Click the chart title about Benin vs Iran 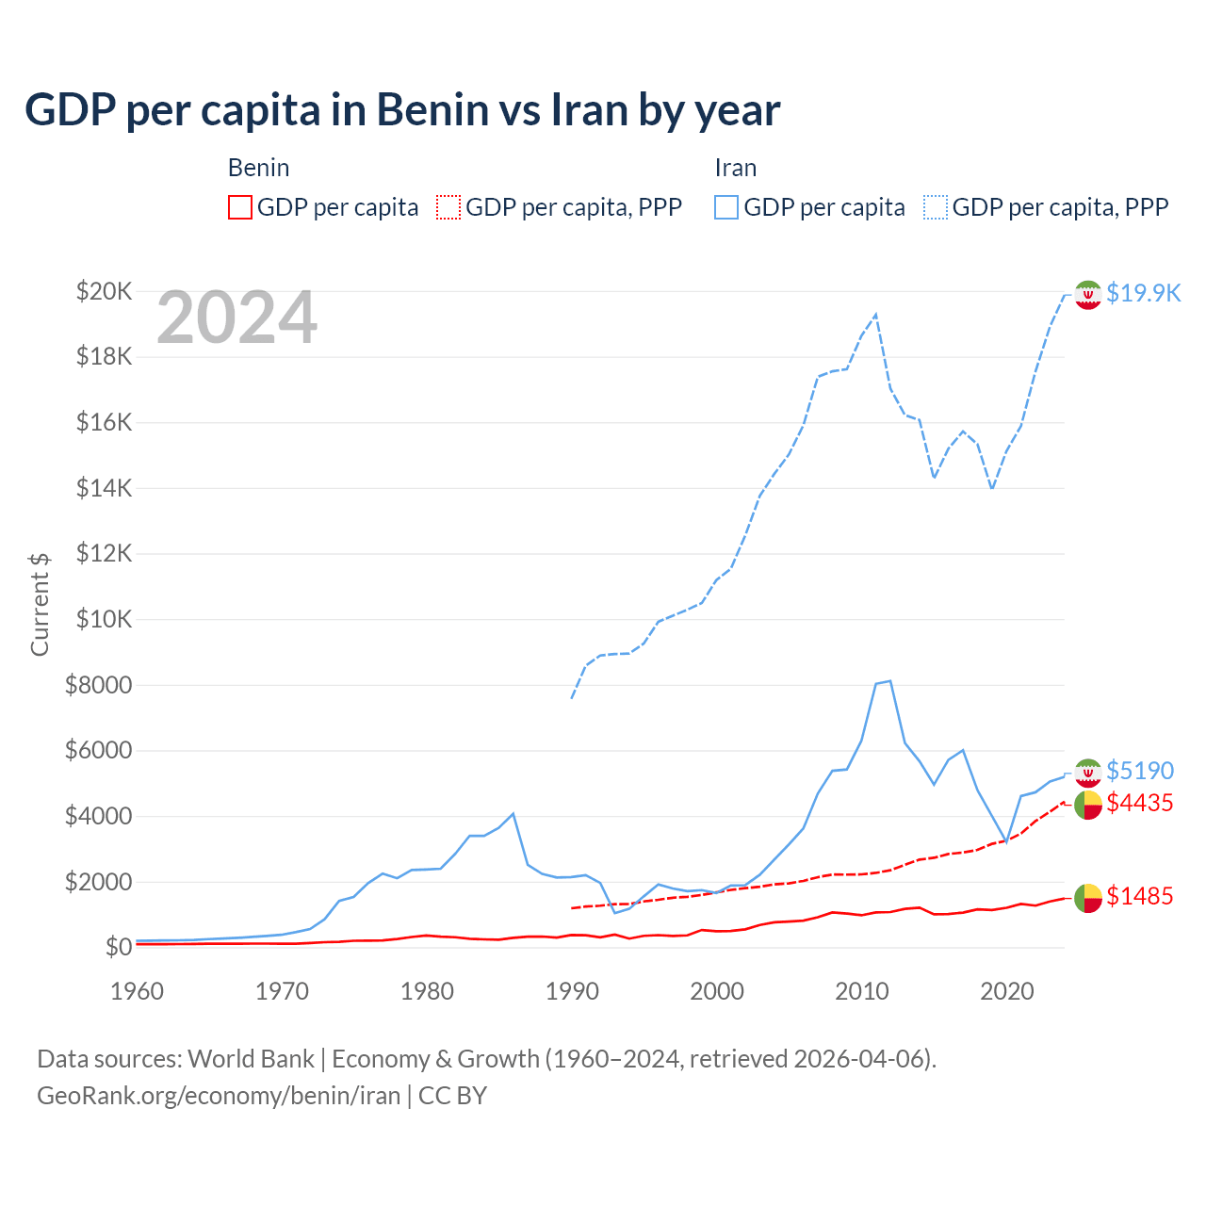coord(402,110)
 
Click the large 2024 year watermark coord(236,318)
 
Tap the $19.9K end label coord(1143,293)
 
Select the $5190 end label coord(1139,771)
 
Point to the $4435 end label coord(1139,803)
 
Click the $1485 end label coord(1139,896)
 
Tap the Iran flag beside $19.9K coord(1088,295)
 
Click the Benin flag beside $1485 coord(1088,898)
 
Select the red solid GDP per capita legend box coord(240,207)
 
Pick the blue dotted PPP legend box coord(936,207)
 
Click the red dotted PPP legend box coord(448,207)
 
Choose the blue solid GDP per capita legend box coord(726,207)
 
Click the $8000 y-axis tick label coord(99,685)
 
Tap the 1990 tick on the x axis coord(572,991)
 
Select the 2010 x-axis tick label coord(862,991)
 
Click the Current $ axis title coord(40,604)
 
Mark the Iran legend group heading coord(735,168)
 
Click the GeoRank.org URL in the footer coord(219,1096)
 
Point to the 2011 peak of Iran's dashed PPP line coord(876,315)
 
